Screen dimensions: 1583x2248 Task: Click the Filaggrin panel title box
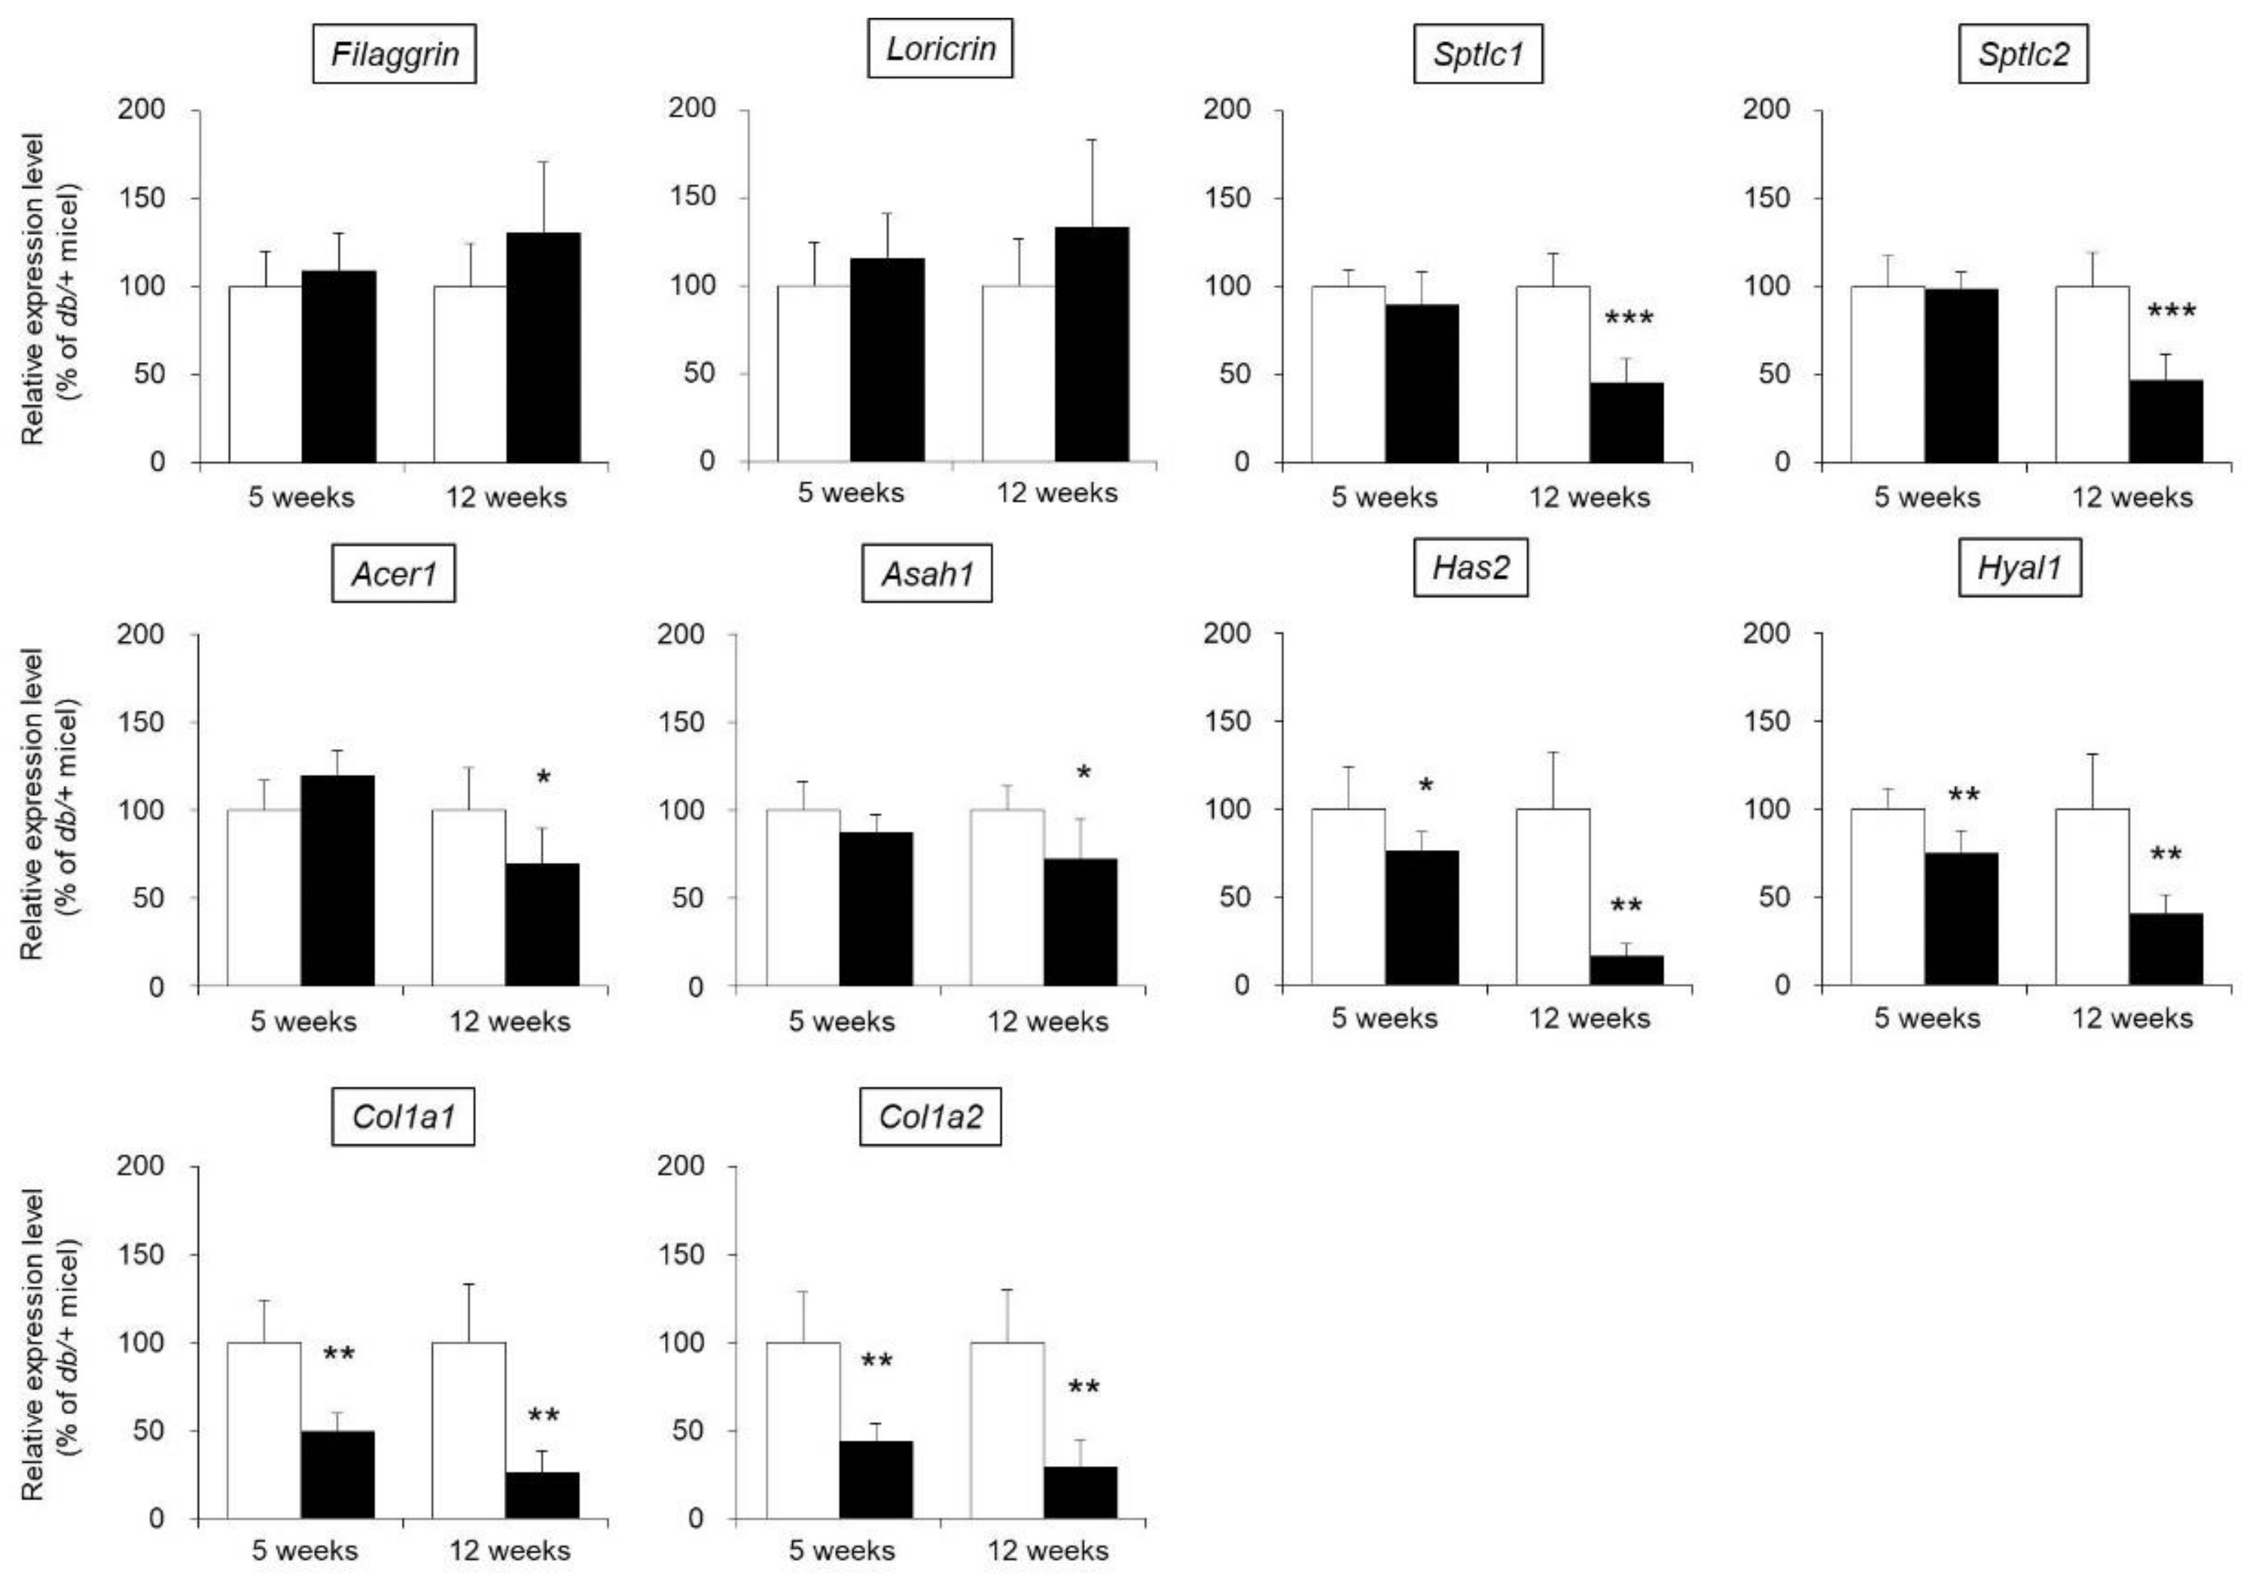(x=394, y=54)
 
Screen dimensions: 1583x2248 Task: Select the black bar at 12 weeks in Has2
(x=1625, y=970)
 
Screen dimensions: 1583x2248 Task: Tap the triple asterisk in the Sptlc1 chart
(x=1628, y=319)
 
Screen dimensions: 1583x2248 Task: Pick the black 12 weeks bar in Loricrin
(x=1092, y=345)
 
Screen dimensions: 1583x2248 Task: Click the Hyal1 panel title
(x=2019, y=568)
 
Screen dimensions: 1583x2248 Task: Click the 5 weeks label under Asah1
(x=841, y=1022)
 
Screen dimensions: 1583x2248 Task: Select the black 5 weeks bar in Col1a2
(x=876, y=1479)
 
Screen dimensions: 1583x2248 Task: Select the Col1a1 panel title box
(x=403, y=1117)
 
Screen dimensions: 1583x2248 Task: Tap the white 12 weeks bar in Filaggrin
(x=470, y=374)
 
